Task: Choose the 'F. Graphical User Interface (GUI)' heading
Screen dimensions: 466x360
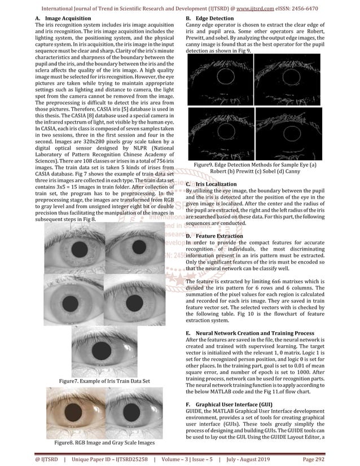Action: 232,405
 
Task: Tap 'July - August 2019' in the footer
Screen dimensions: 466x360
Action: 265,459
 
